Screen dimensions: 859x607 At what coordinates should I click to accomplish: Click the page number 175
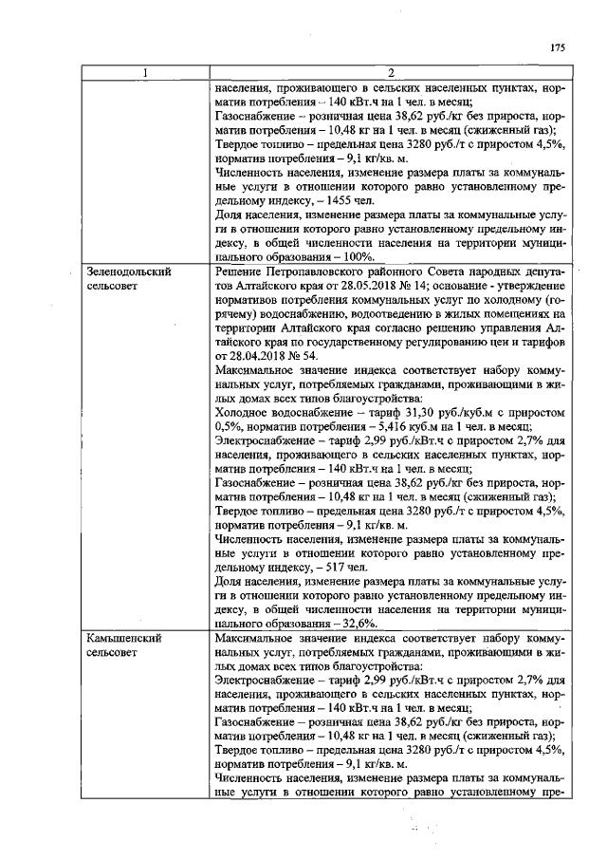[x=558, y=48]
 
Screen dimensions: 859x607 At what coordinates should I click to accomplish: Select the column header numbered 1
[x=144, y=72]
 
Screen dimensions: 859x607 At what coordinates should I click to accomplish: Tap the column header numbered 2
[x=391, y=72]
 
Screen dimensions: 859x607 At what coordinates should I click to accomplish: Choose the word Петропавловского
[x=311, y=271]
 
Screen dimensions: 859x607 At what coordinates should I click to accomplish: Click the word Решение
[x=241, y=271]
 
